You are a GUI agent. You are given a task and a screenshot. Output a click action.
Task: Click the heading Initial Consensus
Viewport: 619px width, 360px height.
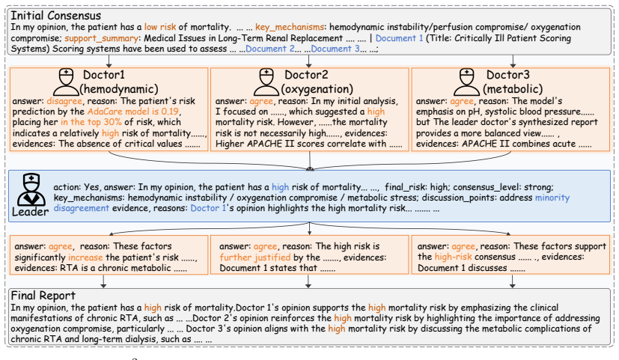55,16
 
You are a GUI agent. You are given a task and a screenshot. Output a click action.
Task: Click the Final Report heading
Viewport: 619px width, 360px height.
43,296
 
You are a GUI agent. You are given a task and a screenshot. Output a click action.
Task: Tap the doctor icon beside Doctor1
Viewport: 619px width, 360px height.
66,82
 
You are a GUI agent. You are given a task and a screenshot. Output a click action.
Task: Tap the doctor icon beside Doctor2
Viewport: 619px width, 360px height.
266,82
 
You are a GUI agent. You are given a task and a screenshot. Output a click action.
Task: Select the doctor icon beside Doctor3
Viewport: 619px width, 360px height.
466,82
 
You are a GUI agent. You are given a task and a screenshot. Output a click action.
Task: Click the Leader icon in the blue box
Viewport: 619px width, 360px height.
31,189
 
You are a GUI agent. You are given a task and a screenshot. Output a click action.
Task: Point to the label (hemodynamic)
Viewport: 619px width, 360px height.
119,89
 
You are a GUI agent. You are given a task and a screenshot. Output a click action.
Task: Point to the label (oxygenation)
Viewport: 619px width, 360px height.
317,89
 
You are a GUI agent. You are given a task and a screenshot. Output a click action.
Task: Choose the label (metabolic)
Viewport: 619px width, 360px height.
513,89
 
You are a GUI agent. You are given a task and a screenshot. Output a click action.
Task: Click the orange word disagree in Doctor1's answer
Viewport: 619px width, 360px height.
64,101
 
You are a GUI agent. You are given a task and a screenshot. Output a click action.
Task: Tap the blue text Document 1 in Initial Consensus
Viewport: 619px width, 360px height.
399,38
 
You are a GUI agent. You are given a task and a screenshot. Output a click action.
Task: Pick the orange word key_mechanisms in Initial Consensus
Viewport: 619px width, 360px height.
290,27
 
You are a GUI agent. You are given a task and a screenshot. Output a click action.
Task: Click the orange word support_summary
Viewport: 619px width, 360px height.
102,38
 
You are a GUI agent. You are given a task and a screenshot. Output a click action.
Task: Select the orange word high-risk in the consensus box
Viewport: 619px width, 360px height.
453,257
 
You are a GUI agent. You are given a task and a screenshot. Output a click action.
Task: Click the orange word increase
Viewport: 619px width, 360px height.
85,257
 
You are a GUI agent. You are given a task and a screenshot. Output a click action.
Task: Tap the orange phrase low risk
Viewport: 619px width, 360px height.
160,27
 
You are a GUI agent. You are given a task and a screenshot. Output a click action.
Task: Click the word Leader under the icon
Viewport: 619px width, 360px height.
31,212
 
